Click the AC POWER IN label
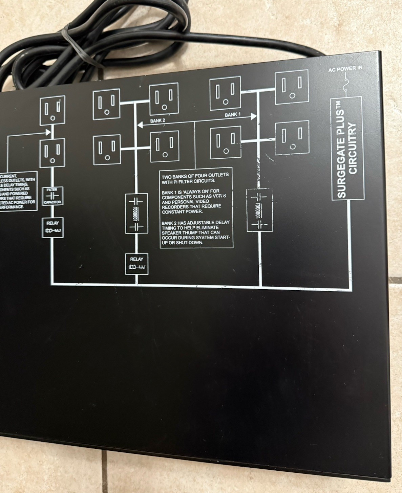(345, 69)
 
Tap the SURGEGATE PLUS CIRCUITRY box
(347, 148)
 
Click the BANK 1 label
(233, 115)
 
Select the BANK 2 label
(157, 120)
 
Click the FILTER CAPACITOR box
(52, 196)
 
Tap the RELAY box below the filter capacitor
(52, 228)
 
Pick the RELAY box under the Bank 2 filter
(136, 264)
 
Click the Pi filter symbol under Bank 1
(259, 210)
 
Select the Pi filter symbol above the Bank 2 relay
(136, 213)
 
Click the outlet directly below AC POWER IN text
(292, 87)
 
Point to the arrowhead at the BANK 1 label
(254, 117)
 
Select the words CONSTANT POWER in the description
(182, 211)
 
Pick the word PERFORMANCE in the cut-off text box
(14, 206)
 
